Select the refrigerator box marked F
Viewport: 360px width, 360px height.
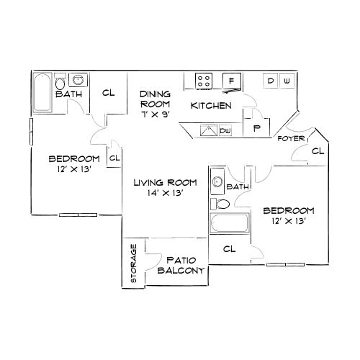pyautogui.click(x=232, y=81)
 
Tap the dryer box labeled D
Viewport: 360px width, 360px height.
pyautogui.click(x=271, y=81)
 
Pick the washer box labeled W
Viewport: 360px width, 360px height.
pyautogui.click(x=287, y=81)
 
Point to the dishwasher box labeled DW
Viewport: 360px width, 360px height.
pyautogui.click(x=225, y=130)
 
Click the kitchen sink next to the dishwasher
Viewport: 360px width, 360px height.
pyautogui.click(x=207, y=130)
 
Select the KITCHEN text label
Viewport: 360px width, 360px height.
pyautogui.click(x=210, y=106)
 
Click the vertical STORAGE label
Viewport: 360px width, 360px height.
pyautogui.click(x=133, y=265)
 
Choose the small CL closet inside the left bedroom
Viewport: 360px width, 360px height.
pyautogui.click(x=114, y=157)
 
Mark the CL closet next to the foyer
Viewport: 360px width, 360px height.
pyautogui.click(x=317, y=151)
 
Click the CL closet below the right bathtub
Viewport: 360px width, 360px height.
pyautogui.click(x=229, y=249)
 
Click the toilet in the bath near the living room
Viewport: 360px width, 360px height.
pyautogui.click(x=222, y=204)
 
